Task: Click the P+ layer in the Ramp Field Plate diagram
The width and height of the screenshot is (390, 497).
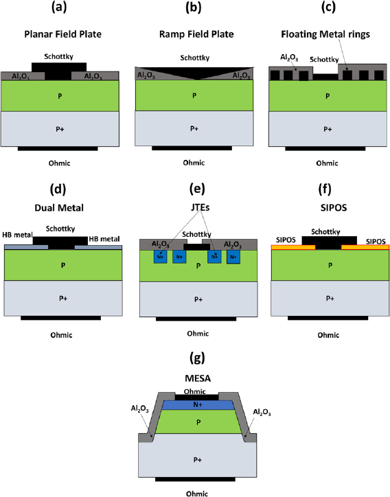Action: tap(197, 128)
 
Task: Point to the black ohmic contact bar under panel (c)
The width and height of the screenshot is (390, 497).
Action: tap(326, 148)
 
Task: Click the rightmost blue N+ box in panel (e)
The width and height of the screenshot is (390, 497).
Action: tap(234, 257)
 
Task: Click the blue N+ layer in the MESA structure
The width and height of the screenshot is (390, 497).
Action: tap(197, 406)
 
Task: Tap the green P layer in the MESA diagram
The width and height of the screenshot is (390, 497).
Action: tap(197, 423)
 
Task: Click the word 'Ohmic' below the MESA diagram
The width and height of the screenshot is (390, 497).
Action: tap(197, 492)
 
